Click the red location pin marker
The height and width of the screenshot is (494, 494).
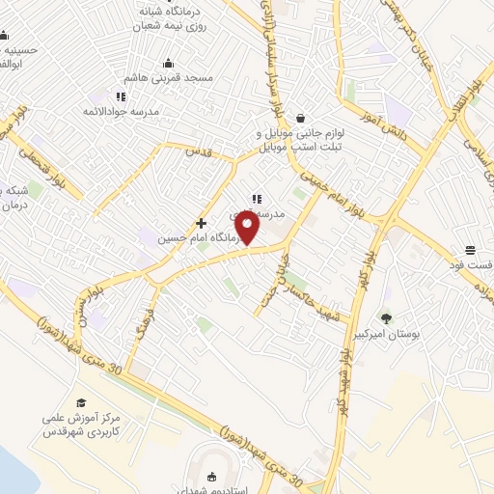click(x=249, y=228)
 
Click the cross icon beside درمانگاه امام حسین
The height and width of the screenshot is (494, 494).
click(x=201, y=223)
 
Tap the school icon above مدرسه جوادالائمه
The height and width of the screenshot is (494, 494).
click(x=121, y=96)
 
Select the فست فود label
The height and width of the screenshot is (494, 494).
click(x=470, y=263)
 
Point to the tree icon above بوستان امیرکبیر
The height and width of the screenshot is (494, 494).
click(x=387, y=317)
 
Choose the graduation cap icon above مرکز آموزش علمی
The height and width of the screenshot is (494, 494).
click(x=81, y=403)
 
